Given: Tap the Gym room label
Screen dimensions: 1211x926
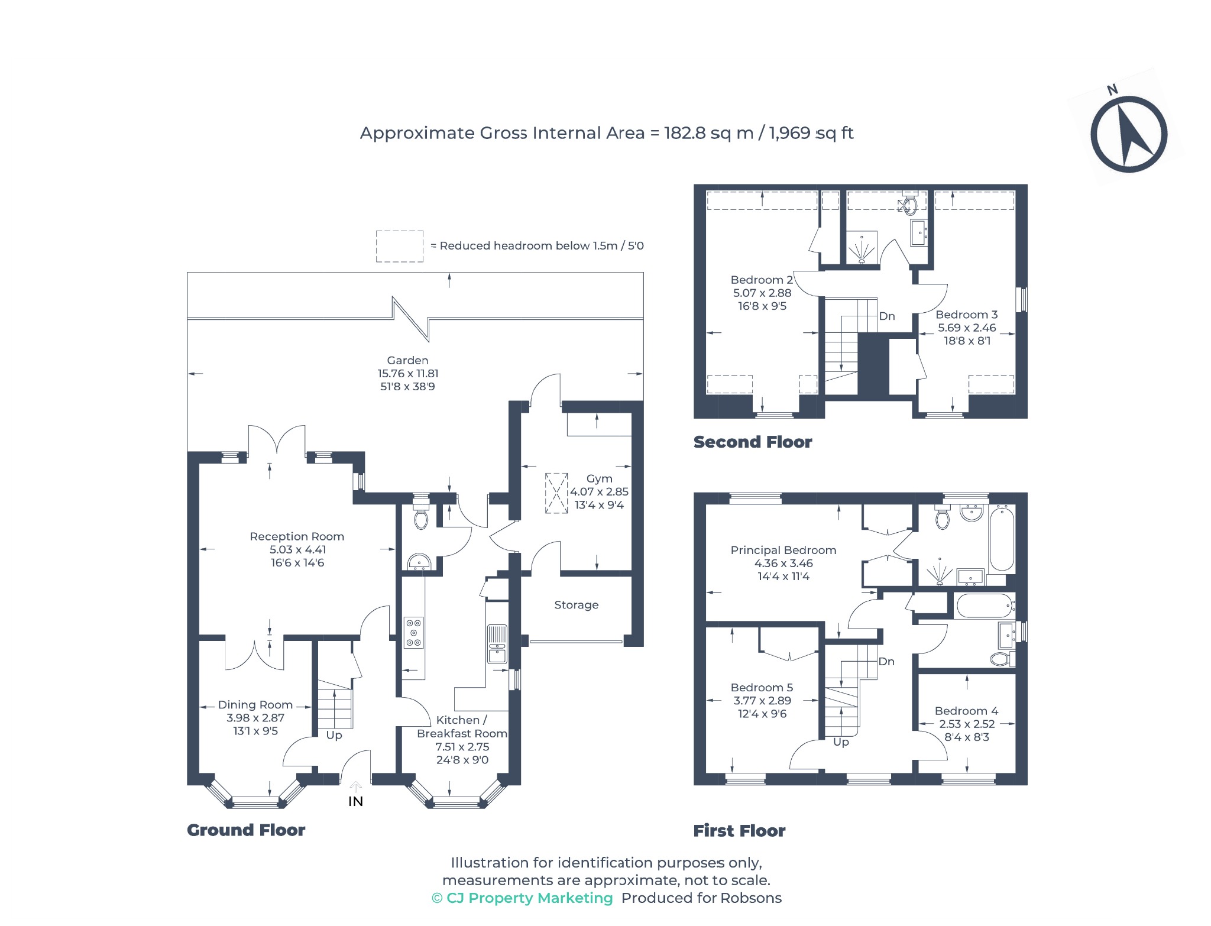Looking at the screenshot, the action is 599,478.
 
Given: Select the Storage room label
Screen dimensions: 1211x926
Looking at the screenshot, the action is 577,605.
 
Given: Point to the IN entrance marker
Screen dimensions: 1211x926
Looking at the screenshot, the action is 355,801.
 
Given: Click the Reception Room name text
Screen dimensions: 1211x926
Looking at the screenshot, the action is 297,536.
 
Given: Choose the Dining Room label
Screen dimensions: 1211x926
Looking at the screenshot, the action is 255,705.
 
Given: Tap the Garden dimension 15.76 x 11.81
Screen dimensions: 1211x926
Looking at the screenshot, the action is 408,373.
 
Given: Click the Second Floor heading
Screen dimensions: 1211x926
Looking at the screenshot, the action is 753,442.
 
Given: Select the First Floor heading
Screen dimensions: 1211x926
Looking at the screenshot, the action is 739,831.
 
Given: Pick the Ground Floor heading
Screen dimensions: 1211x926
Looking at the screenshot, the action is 246,830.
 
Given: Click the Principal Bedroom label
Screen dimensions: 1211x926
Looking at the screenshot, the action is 783,550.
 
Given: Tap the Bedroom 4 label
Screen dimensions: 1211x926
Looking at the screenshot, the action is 966,711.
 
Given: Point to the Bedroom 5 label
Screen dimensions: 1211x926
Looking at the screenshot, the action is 762,687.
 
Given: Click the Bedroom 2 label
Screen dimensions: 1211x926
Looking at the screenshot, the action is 762,280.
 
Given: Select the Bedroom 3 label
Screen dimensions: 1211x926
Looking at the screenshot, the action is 966,315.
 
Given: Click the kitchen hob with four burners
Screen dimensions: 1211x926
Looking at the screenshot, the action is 413,633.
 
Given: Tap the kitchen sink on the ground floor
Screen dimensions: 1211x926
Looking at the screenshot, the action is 497,644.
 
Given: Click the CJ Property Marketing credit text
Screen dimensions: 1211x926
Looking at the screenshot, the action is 522,898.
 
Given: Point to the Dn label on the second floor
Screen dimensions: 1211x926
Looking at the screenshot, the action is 886,316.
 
